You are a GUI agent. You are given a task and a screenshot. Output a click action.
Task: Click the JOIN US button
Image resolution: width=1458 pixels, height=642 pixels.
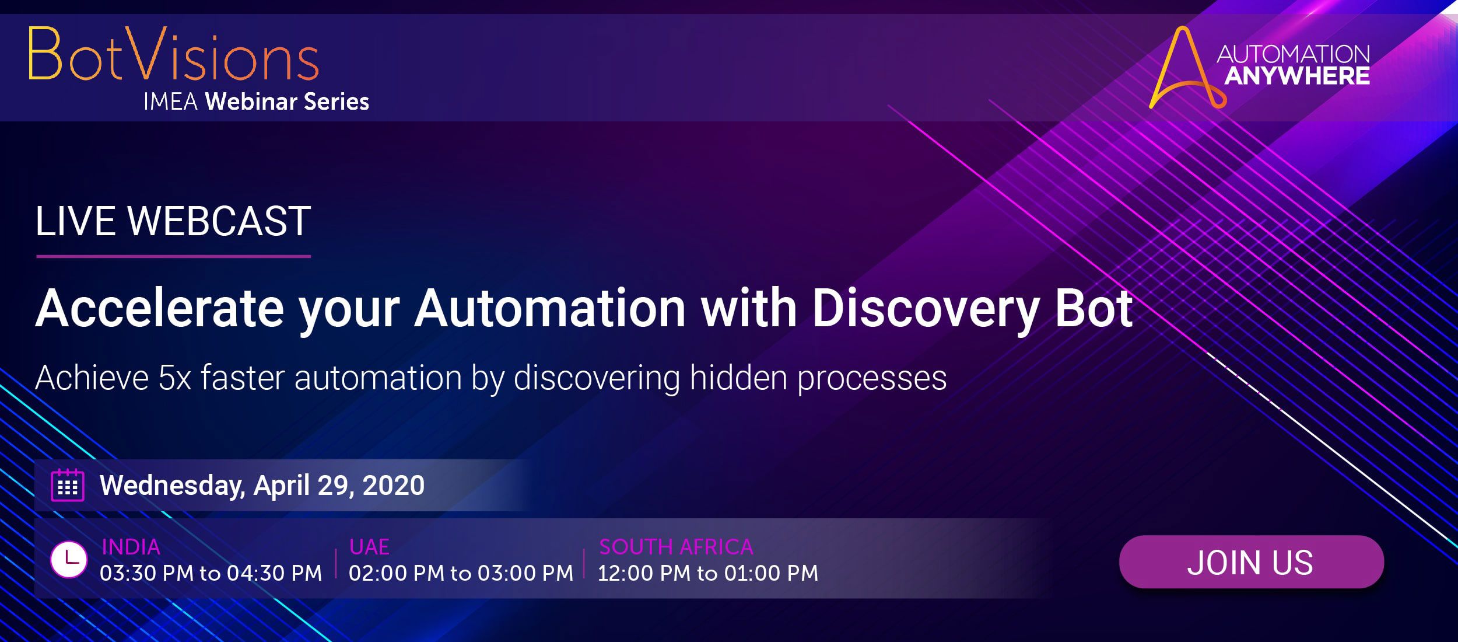[1251, 561]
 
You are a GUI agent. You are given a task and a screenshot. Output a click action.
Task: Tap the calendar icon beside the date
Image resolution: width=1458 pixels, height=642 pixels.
[68, 485]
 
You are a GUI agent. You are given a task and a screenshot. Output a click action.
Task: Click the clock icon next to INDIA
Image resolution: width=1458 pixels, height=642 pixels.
[69, 560]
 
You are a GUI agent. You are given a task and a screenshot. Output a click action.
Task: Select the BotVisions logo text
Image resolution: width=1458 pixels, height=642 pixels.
[173, 54]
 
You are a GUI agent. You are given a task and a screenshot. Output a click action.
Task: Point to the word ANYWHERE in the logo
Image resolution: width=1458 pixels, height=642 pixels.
[1296, 76]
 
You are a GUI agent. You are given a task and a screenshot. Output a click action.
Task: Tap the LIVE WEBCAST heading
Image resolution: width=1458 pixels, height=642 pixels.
[173, 222]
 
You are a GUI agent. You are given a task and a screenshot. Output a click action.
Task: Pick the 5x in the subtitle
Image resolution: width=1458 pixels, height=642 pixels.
[175, 378]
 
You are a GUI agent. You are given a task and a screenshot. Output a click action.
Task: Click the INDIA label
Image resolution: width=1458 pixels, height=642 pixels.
[131, 547]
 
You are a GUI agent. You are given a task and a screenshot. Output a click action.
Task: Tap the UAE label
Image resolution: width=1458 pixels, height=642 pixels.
[369, 547]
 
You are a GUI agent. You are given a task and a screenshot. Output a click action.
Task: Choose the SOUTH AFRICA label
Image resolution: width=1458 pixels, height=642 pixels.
[676, 547]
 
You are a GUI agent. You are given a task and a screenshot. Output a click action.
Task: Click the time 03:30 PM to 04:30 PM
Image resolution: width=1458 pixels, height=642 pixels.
[211, 573]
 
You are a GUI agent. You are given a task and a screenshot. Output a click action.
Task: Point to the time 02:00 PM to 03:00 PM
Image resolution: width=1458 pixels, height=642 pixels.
[461, 573]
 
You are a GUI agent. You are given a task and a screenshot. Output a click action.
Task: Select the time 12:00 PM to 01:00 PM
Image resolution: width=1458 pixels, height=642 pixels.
[708, 573]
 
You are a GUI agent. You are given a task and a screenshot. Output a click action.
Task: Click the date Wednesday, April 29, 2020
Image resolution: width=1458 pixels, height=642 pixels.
[262, 486]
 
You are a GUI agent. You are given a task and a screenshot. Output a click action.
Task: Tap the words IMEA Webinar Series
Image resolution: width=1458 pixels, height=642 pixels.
[256, 102]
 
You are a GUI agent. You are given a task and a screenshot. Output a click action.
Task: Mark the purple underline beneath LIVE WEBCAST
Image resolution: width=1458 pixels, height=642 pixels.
[173, 256]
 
